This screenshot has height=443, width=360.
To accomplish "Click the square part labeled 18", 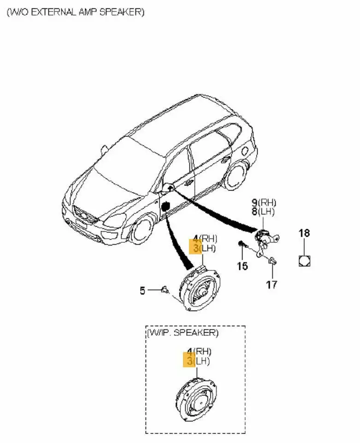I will tap(304, 261).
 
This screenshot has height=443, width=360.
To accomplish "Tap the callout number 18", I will tap(304, 233).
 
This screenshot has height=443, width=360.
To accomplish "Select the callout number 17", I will tap(272, 284).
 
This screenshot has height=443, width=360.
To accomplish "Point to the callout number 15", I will tap(242, 266).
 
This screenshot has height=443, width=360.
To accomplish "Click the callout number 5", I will tap(142, 290).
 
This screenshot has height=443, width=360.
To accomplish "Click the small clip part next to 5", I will tap(165, 290).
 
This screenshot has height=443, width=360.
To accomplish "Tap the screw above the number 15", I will tap(241, 244).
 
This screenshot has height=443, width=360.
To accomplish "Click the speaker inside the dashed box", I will tap(196, 399).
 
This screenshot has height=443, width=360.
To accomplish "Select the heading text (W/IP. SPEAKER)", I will tap(183, 333).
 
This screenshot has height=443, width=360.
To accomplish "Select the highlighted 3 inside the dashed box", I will tap(189, 360).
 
